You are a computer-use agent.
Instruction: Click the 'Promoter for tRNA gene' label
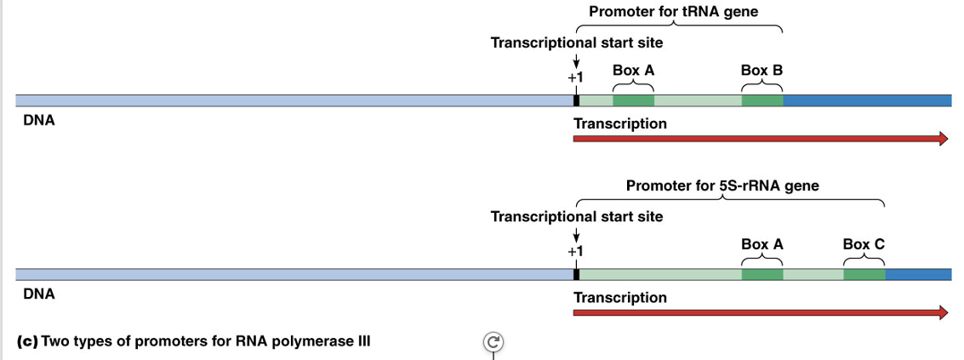tap(673, 12)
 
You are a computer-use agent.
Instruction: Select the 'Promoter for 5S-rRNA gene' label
tap(722, 186)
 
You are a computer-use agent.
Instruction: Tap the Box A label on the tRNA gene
tap(633, 71)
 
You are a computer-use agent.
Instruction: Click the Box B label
tap(762, 71)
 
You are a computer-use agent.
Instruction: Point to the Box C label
tap(864, 244)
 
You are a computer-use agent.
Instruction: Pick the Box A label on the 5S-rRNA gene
tap(762, 244)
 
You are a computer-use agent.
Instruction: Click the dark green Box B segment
tap(762, 100)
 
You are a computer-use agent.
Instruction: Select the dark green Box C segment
tap(864, 274)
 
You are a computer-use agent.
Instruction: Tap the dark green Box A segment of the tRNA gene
tap(633, 100)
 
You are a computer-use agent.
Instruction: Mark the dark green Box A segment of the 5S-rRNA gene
tap(762, 274)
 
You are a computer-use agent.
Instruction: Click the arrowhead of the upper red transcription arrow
tap(943, 139)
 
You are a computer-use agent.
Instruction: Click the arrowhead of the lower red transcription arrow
tap(943, 312)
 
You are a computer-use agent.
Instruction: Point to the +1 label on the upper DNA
tap(576, 77)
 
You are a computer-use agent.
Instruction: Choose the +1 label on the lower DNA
tap(576, 251)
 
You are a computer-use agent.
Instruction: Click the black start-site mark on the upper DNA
tap(576, 100)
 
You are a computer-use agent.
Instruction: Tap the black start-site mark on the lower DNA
tap(576, 274)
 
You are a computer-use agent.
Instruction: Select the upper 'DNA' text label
tap(39, 121)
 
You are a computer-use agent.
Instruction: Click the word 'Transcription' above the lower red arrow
tap(619, 297)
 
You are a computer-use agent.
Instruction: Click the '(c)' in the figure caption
tap(26, 341)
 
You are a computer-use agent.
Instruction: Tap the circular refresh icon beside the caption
tap(493, 342)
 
